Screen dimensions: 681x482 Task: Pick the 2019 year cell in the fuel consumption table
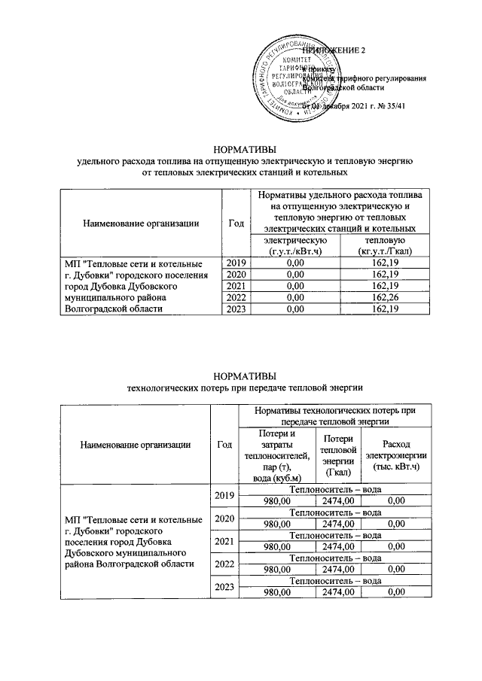[x=236, y=263]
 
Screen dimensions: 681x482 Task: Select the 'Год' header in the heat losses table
[x=224, y=444]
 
